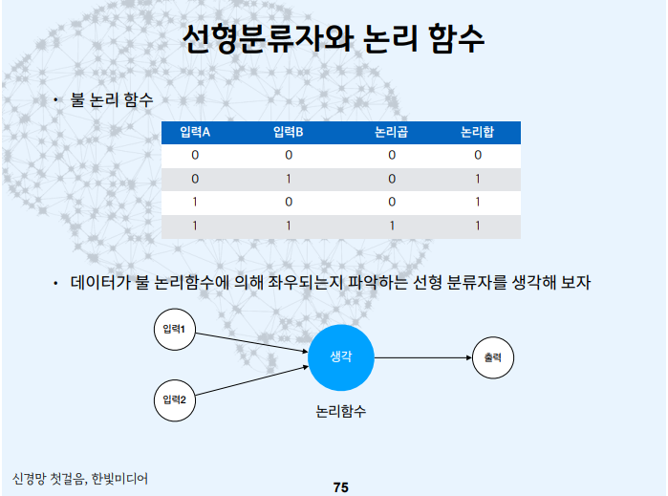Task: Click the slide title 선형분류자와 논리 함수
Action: (334, 40)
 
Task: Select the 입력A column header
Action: (195, 132)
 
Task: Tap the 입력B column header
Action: (288, 132)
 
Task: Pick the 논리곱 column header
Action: (391, 132)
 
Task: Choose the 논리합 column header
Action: (477, 132)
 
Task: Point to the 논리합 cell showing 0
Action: (477, 155)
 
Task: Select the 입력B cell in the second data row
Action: (288, 179)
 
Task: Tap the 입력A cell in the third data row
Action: (195, 203)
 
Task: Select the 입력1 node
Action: (174, 331)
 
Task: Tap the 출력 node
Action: (493, 358)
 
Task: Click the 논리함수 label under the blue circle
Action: (340, 412)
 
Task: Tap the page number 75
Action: (341, 487)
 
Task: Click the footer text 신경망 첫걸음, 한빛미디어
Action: (80, 477)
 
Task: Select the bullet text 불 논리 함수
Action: (112, 99)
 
